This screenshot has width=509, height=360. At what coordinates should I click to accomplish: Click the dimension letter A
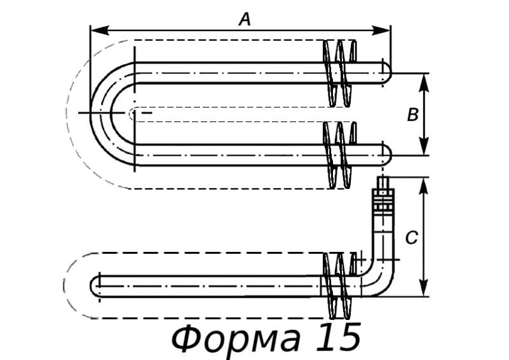[245, 20]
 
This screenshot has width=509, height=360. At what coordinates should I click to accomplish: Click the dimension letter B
[412, 115]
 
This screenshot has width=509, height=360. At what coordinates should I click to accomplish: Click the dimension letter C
[411, 238]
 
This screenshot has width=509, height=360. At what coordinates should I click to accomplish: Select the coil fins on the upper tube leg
[339, 73]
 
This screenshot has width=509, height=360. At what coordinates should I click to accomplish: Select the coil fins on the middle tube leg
[339, 155]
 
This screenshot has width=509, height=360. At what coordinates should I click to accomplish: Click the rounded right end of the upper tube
[386, 72]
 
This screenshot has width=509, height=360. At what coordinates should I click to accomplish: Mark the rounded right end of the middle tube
[386, 155]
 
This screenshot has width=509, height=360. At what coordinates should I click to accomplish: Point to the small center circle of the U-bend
[133, 113]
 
